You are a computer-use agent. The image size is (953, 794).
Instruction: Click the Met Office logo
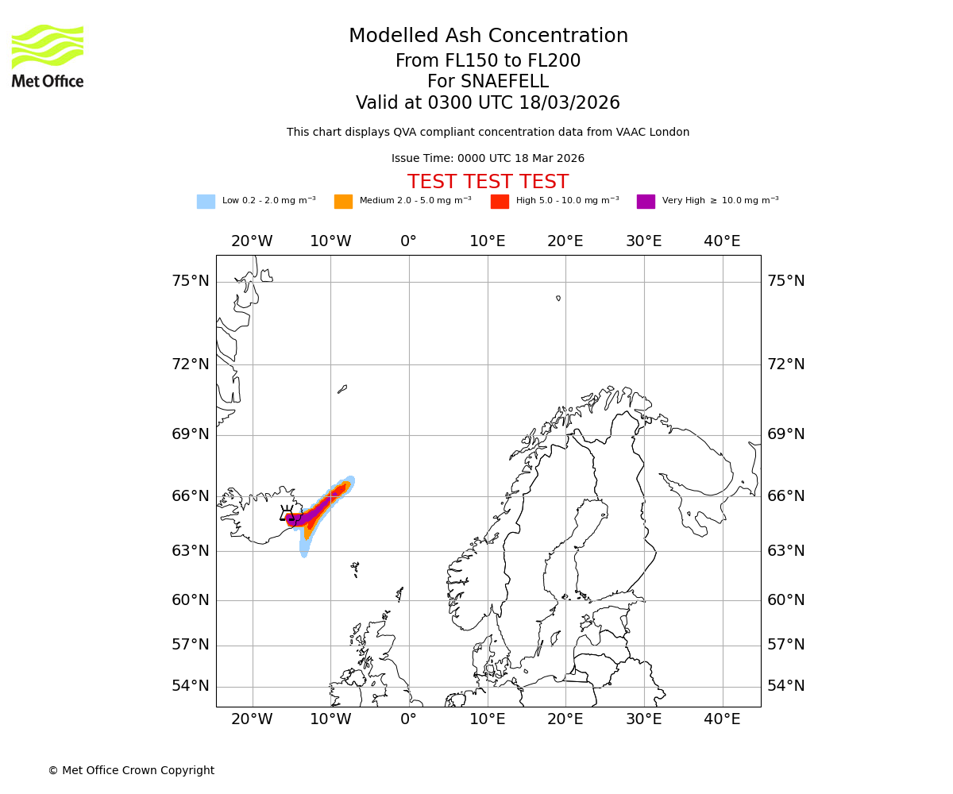(48, 56)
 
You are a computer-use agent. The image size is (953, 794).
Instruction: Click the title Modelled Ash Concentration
(488, 37)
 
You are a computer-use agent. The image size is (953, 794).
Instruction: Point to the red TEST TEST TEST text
(488, 182)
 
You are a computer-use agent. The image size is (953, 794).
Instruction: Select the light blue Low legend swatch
(206, 201)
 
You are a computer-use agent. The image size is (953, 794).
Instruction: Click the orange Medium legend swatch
(343, 201)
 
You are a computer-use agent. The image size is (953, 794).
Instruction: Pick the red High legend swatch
(500, 201)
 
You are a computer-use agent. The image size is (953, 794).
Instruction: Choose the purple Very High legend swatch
(646, 201)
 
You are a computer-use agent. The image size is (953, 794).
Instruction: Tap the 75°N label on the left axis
(191, 281)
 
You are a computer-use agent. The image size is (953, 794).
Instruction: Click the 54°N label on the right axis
(785, 686)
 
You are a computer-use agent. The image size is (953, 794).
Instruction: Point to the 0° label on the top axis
(408, 241)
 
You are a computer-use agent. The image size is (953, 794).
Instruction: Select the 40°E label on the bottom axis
(722, 719)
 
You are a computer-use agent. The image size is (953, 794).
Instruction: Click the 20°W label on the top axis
(252, 241)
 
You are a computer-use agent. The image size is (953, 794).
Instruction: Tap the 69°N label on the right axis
(785, 434)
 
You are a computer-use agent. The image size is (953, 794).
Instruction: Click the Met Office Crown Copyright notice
(131, 770)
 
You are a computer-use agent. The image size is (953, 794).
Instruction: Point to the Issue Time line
(488, 159)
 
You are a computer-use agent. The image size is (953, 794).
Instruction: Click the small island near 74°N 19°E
(558, 299)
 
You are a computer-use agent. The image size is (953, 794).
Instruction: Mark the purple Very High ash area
(306, 518)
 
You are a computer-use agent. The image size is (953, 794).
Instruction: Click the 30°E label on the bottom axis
(643, 719)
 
